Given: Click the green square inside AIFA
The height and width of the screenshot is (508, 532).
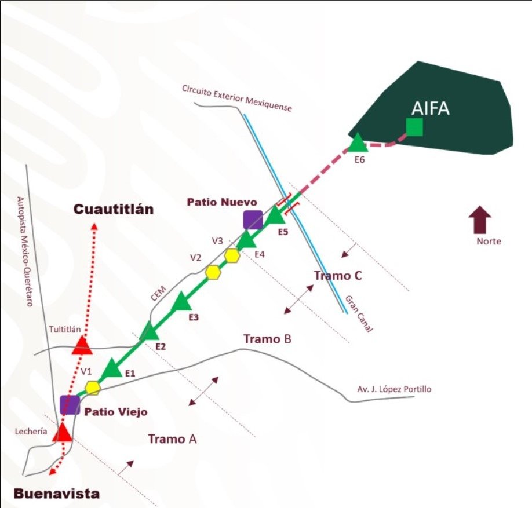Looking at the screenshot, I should point(414,126).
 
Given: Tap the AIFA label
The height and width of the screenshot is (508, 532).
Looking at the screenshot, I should point(430,108).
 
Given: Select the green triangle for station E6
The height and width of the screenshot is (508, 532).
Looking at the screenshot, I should point(357,144).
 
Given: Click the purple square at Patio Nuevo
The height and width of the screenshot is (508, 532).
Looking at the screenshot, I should point(253,220).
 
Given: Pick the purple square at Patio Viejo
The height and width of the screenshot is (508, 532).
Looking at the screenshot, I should point(70,405).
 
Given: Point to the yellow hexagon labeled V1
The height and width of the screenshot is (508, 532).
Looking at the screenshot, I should point(92,387).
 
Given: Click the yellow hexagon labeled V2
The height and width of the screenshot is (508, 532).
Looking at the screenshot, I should point(214,272).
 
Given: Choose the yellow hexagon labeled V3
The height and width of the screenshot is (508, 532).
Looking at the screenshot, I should point(232,255).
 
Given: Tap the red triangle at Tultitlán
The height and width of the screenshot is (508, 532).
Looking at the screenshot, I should point(82,345).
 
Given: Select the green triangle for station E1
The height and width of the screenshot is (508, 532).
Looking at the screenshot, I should point(111,368).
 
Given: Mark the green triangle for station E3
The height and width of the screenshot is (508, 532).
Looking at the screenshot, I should point(183,301).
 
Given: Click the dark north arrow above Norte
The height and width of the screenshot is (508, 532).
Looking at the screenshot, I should point(480,221).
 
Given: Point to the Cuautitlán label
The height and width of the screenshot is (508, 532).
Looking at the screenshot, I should point(114,209).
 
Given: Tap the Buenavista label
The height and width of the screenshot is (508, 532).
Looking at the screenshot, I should point(56,494).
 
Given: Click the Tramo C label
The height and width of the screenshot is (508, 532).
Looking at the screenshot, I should point(338,276).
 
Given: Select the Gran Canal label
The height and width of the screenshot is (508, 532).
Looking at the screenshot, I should point(359,313).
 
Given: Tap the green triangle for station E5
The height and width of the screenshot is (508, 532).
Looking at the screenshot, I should point(276,215).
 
